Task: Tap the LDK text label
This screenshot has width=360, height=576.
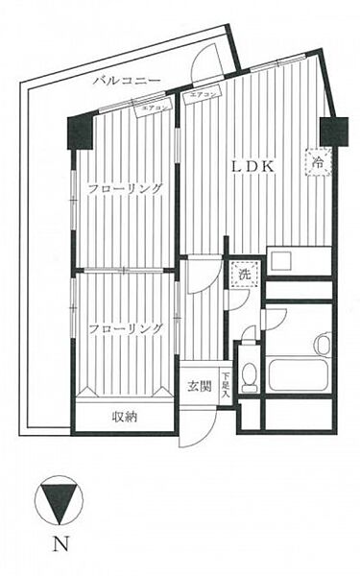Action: [253, 166]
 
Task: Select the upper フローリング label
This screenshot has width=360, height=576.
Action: [125, 188]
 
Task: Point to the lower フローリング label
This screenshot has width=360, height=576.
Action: [125, 329]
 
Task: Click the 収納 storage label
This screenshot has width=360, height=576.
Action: [125, 417]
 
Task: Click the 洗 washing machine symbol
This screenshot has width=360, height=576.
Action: [244, 275]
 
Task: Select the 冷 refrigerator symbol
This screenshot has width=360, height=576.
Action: [319, 162]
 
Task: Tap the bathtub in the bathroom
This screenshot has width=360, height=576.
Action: [299, 372]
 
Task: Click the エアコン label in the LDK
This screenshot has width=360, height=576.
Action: [204, 95]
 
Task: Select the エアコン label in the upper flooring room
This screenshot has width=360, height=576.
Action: [156, 108]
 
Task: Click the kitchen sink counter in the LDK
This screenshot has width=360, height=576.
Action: [299, 261]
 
